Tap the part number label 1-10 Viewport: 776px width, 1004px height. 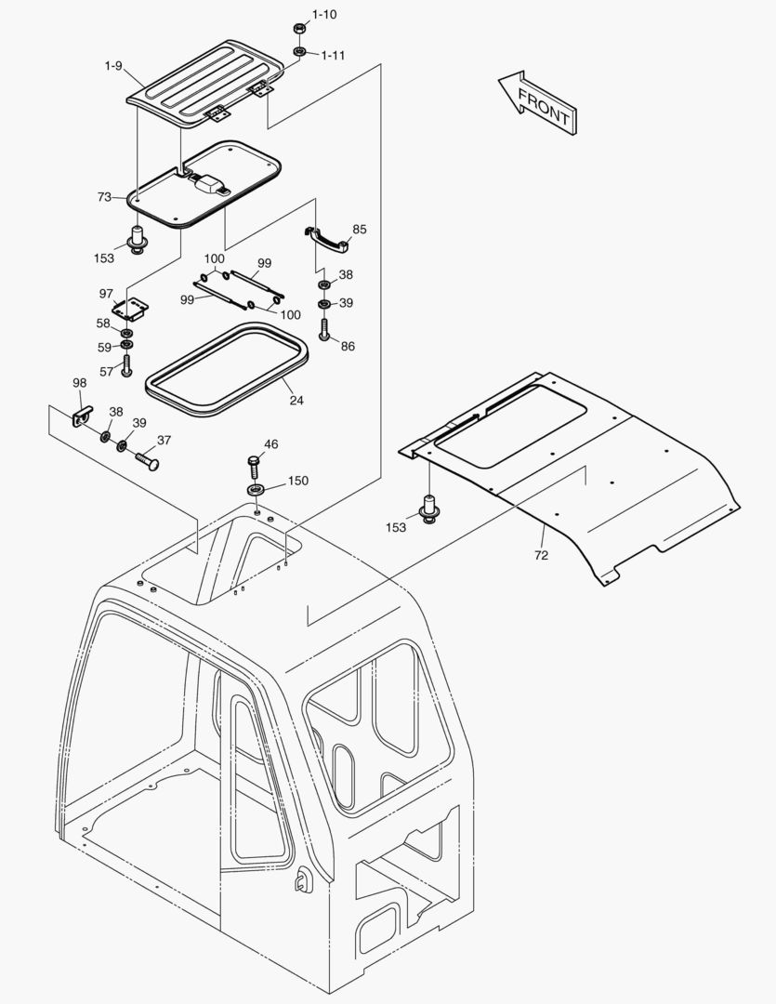pos(324,15)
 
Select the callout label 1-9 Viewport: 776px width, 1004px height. pos(113,66)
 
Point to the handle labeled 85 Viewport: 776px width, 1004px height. pos(327,238)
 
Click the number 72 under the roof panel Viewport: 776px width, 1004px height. pos(541,555)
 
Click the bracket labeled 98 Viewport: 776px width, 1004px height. pos(84,413)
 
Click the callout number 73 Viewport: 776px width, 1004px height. pos(104,197)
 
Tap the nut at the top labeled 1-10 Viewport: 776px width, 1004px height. pos(299,28)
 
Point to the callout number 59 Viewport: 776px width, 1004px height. pos(104,348)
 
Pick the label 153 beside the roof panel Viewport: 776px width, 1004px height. pos(397,527)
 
